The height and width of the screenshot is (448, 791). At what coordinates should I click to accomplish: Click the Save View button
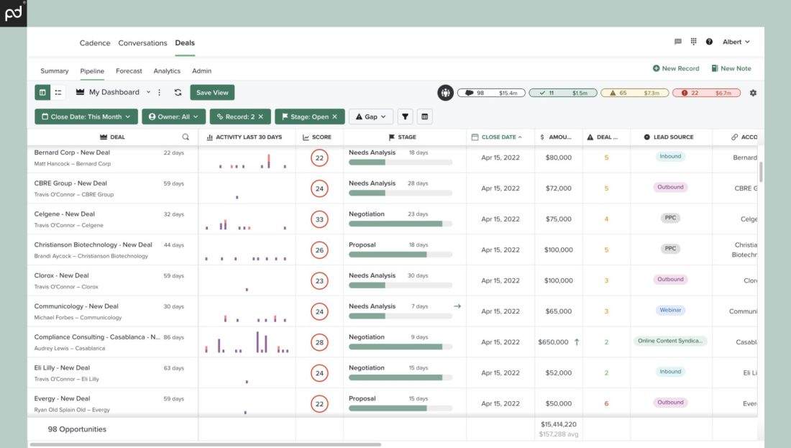tap(212, 93)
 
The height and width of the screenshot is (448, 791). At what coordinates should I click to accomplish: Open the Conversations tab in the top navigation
tap(142, 43)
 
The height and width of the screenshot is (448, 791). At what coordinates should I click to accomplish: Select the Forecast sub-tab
tap(129, 71)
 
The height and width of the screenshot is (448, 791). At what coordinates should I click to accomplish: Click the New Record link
tap(676, 68)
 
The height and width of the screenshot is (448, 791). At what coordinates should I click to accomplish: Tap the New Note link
tap(731, 68)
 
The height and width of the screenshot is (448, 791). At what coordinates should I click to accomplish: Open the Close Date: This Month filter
tap(86, 116)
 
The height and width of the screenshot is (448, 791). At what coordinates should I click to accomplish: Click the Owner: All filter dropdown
tap(174, 116)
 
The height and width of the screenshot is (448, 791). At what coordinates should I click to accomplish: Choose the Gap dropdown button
tap(370, 116)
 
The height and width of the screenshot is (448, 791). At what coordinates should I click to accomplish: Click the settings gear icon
tap(753, 93)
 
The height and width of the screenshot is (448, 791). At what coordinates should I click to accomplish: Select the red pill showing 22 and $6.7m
tap(706, 93)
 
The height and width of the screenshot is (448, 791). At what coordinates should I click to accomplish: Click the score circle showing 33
tap(319, 219)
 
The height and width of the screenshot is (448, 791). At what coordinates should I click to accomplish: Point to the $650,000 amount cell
tap(553, 342)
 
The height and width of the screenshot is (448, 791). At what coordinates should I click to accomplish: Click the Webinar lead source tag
tap(670, 311)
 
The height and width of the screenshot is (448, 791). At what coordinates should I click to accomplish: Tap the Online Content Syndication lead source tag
tap(670, 341)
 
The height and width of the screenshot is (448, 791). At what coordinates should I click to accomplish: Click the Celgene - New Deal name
tap(65, 214)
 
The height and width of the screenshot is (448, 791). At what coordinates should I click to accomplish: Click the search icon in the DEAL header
tap(186, 137)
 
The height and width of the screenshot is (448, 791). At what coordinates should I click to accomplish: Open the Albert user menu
tap(736, 42)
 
